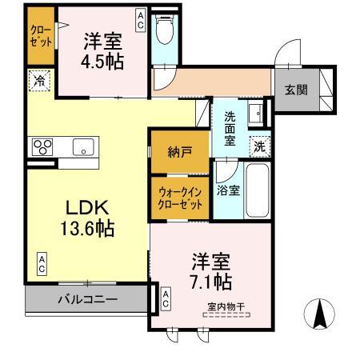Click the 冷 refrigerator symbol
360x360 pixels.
click(x=38, y=80)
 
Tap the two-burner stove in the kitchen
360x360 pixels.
click(x=42, y=146)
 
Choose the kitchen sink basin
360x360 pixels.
click(x=83, y=146)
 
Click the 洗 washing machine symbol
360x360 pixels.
click(x=258, y=146)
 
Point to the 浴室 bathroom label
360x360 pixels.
click(x=227, y=190)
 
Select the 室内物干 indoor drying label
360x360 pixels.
click(x=226, y=306)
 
